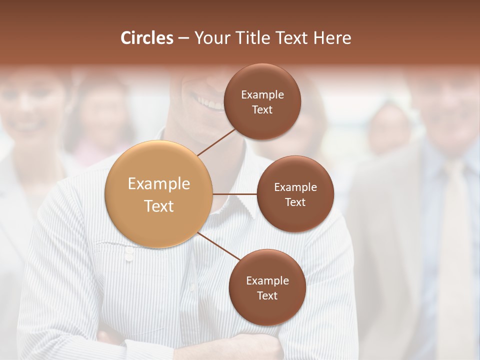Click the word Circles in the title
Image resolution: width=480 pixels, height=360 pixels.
(x=146, y=38)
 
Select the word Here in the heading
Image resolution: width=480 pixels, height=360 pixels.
(x=332, y=38)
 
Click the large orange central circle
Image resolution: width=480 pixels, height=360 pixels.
(x=159, y=194)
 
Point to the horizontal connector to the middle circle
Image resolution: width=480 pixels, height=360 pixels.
(x=235, y=194)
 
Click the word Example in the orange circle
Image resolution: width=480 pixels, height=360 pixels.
(x=159, y=184)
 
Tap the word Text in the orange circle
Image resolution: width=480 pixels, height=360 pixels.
(x=159, y=206)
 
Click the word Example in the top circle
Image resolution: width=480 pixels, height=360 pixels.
(x=262, y=95)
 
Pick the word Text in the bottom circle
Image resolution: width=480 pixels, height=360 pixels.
(x=267, y=295)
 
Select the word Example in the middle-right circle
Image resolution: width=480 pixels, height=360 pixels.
(x=295, y=187)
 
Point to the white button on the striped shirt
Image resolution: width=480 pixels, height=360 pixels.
(x=128, y=255)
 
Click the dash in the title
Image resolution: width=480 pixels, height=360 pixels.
(x=183, y=38)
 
